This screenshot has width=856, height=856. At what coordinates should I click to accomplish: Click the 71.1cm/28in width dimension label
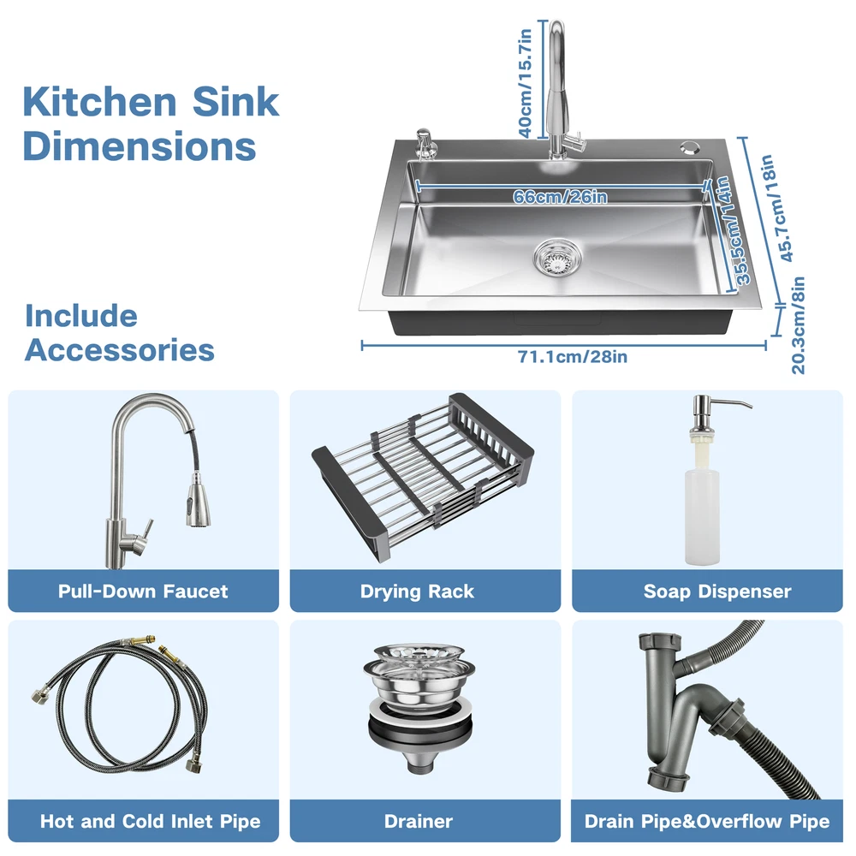tap(573, 356)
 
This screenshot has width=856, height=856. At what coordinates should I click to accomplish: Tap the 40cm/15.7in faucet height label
tap(525, 83)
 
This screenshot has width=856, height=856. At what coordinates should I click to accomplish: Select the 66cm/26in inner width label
tap(560, 196)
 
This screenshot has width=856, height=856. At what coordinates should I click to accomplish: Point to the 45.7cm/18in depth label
tap(776, 208)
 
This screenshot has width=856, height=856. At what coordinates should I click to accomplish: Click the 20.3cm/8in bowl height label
tap(798, 324)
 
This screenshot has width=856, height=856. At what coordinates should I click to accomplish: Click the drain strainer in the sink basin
tap(557, 258)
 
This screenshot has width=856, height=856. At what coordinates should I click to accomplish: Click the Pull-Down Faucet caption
tap(143, 591)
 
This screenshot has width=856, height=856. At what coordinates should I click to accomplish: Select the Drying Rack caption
tap(417, 591)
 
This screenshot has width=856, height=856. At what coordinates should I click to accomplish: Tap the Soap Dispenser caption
tap(717, 591)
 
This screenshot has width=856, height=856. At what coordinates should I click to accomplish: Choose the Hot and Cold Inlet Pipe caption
tap(150, 822)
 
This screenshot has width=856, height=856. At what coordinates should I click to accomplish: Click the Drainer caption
tap(419, 822)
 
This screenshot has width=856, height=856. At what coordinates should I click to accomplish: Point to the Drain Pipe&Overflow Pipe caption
tap(707, 822)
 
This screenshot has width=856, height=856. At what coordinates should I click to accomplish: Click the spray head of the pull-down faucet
tap(199, 500)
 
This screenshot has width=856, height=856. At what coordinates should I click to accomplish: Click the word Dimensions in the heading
tap(140, 146)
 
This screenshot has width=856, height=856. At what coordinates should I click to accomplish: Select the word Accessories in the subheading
tap(120, 350)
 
